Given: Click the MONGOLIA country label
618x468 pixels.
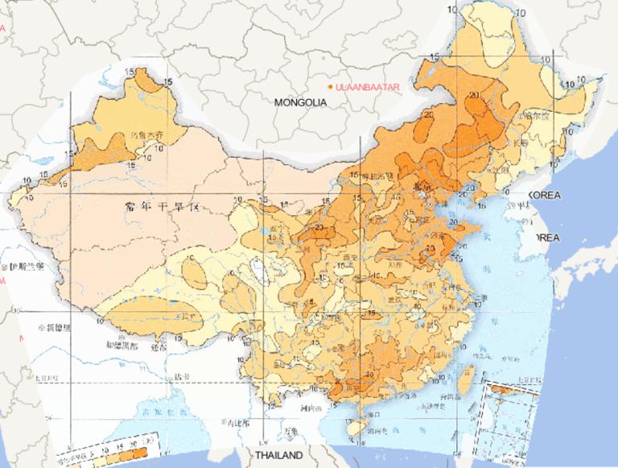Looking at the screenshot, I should tap(300, 103).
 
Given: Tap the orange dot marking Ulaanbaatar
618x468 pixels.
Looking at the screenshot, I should tap(330, 86).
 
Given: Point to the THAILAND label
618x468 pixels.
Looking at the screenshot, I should tap(278, 455).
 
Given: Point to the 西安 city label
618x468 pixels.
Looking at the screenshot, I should tap(349, 259).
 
